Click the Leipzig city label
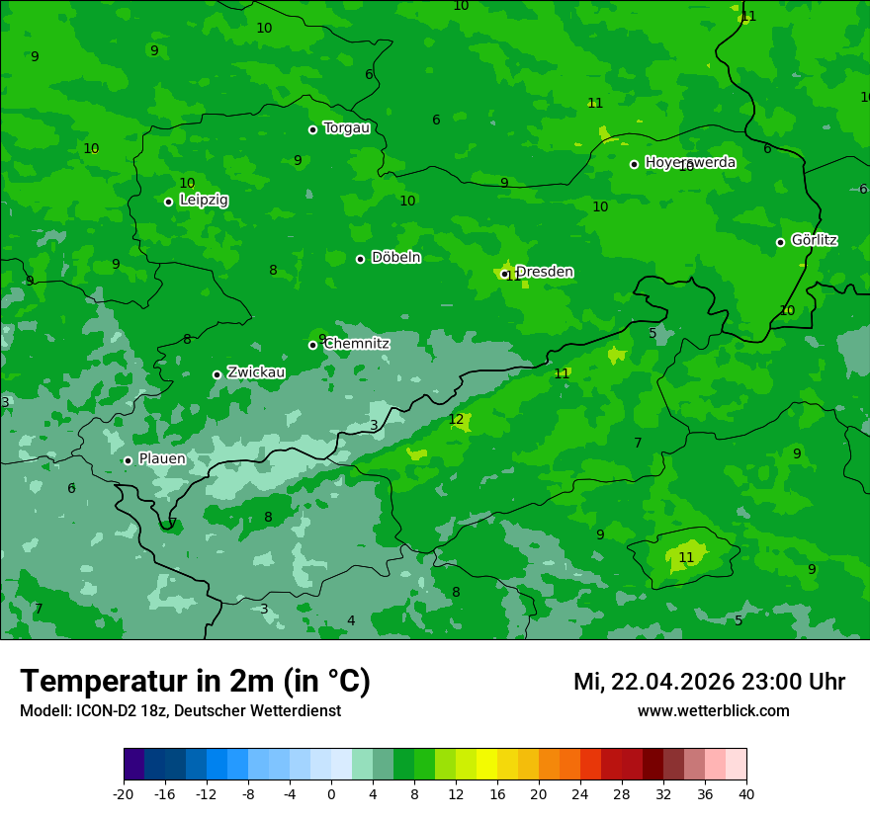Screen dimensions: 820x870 coord(204,200)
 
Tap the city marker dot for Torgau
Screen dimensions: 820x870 coord(312,129)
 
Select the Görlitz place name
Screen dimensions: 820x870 coord(815,240)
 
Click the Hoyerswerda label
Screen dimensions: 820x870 coord(690,162)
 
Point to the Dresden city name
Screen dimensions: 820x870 coord(545,272)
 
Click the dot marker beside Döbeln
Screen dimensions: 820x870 coord(360,259)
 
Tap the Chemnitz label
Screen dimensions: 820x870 coord(357,344)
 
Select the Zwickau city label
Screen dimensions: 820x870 coord(256,372)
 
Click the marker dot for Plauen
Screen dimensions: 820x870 coord(128,460)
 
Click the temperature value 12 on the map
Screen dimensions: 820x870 coord(456,420)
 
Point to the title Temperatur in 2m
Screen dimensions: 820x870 coord(195,682)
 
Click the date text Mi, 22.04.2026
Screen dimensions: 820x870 coord(653,682)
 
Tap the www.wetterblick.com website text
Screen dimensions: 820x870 coord(713,710)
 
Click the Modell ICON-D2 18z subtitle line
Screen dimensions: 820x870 coord(180,710)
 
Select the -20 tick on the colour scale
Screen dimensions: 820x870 coord(124,794)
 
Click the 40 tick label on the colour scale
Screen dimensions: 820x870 coord(746,794)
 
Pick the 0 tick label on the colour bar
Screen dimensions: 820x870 coord(331,794)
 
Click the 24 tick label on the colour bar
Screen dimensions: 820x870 coord(580,794)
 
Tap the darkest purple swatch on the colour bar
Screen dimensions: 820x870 coord(133,765)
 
